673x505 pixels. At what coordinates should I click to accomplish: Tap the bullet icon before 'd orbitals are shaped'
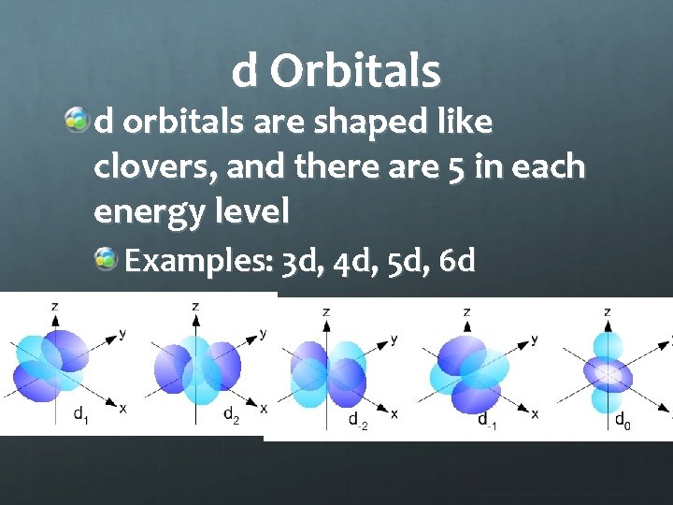tap(78, 122)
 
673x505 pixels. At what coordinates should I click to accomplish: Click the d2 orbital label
tap(231, 415)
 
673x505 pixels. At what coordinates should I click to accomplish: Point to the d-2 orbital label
tap(357, 423)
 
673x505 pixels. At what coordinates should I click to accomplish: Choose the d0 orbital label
tap(622, 421)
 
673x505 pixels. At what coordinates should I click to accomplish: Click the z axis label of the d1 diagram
tap(57, 306)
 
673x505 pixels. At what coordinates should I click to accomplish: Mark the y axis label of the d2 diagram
tap(264, 333)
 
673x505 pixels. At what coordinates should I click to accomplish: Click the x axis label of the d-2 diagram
tap(394, 413)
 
